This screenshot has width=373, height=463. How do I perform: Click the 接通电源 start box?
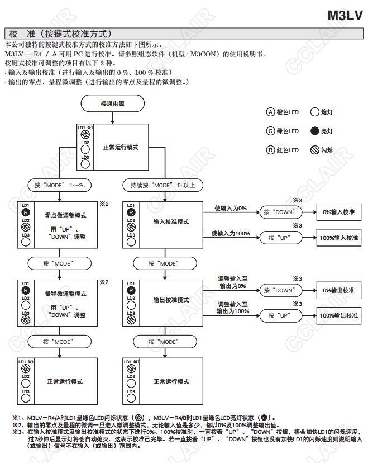[113, 103]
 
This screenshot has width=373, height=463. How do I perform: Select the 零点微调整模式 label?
[65, 214]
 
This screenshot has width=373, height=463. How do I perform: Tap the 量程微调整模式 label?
[65, 293]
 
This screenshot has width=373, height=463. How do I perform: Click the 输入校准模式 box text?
[171, 221]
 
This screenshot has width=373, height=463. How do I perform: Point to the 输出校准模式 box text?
[171, 300]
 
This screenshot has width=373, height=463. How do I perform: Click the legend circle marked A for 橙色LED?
[271, 112]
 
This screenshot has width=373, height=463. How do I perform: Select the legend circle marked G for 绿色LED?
[271, 131]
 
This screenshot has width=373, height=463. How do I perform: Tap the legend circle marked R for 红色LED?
[271, 150]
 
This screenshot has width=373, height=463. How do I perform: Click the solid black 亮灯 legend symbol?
[315, 131]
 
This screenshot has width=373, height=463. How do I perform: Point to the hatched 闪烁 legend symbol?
[315, 150]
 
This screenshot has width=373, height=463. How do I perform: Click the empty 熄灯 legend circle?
[315, 112]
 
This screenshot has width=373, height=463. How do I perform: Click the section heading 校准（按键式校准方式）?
[60, 34]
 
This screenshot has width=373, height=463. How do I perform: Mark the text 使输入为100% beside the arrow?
[230, 233]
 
